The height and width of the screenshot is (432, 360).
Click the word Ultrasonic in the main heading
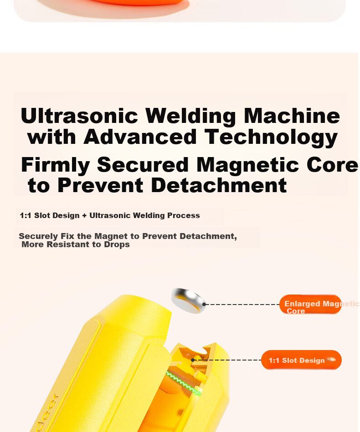(x=79, y=116)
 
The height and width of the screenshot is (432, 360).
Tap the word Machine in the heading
(x=292, y=116)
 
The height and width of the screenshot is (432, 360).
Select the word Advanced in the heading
(x=140, y=137)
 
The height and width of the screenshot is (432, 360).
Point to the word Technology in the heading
(x=271, y=138)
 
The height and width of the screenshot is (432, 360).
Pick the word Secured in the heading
(x=143, y=165)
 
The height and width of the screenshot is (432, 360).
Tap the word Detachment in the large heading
(x=219, y=185)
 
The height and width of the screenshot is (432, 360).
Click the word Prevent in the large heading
(x=100, y=185)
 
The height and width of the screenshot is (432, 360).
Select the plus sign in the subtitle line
(x=84, y=216)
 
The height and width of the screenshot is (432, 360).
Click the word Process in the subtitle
(x=184, y=215)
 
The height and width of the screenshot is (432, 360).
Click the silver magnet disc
(x=188, y=300)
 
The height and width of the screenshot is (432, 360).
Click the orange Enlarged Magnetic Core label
(x=310, y=305)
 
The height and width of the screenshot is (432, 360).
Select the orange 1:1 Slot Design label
(x=301, y=360)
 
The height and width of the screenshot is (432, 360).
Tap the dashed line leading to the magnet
(x=242, y=305)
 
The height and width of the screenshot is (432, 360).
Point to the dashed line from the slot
(x=227, y=360)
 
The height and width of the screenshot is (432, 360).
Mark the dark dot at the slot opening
(x=193, y=360)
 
